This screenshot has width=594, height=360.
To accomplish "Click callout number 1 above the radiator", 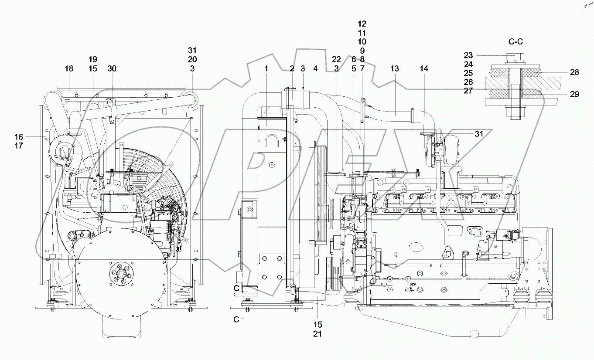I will click(x=267, y=68).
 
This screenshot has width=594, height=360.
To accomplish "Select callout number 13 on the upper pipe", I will click(x=394, y=68).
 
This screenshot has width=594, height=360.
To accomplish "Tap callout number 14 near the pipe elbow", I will click(x=424, y=68).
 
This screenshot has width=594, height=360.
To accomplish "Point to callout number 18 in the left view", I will click(x=69, y=68).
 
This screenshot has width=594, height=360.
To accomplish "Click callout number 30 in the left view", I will click(x=112, y=68).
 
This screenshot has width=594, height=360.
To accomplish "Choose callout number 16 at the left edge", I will click(x=18, y=136).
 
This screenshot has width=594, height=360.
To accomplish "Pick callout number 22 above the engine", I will click(x=336, y=59).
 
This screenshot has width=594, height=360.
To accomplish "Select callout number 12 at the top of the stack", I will click(x=362, y=24).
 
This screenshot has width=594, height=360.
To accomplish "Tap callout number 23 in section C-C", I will click(x=468, y=55).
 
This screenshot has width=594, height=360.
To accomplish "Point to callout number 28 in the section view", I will click(x=574, y=72).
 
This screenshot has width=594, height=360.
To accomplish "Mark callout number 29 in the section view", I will click(x=574, y=94).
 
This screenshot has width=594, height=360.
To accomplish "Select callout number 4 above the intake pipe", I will click(x=315, y=68).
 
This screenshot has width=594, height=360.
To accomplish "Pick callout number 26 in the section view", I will click(x=468, y=82).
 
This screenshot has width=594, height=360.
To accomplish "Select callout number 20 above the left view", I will click(x=192, y=59).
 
